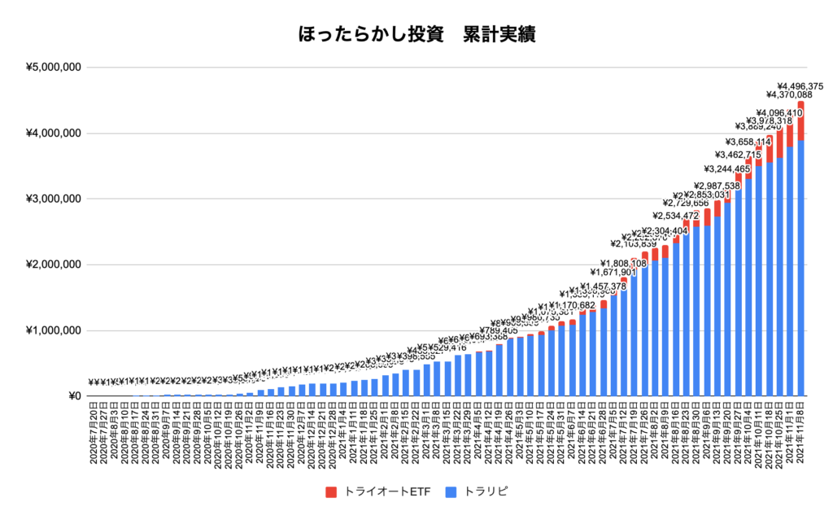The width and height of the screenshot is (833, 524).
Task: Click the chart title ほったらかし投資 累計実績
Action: click(416, 35)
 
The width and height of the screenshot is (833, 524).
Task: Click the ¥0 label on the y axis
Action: click(73, 397)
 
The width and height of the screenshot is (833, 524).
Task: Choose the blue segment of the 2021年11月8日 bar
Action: click(800, 269)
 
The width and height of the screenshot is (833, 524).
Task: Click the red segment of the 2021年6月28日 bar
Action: click(604, 304)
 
